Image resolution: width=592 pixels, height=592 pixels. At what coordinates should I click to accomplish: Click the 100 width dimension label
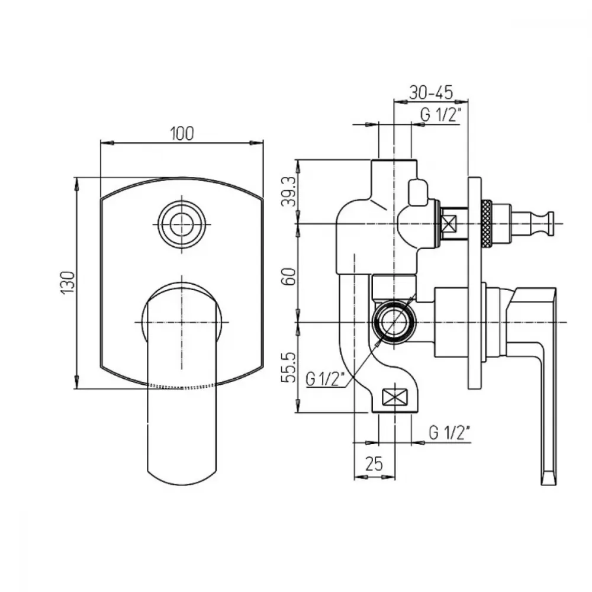click(182, 134)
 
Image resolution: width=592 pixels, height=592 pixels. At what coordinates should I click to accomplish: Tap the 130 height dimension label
click(68, 283)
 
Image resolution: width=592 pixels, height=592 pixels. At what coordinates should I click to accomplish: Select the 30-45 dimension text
click(431, 92)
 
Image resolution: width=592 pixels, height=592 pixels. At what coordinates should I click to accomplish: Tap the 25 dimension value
click(374, 464)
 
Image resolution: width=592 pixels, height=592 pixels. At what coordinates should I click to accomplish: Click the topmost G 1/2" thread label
click(441, 114)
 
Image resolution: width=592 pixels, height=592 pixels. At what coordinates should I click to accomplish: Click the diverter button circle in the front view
click(182, 224)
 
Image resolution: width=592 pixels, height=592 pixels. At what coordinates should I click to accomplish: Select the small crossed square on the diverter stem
click(449, 224)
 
